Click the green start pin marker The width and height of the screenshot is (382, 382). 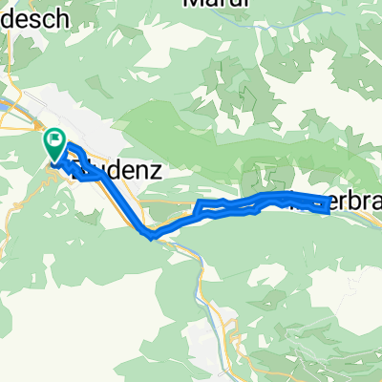pos(54,146)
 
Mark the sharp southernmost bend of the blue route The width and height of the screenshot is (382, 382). pos(150,234)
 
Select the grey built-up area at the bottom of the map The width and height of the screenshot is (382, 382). pos(215,334)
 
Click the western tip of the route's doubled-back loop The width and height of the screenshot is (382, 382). pos(199,206)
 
